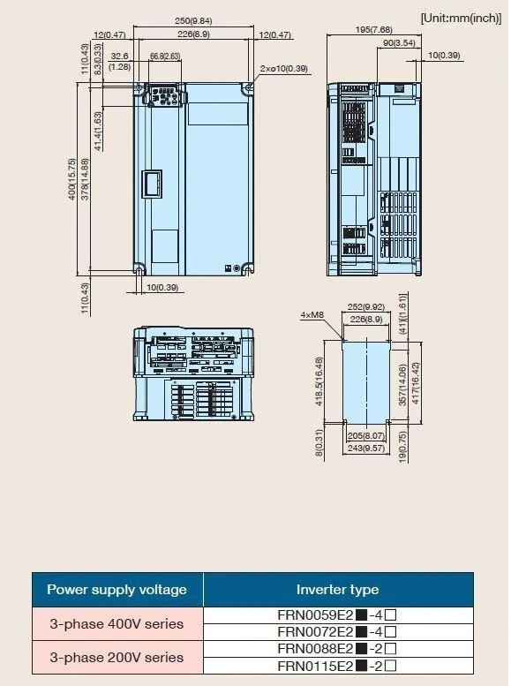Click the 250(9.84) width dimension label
(193, 20)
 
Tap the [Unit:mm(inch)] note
(461, 18)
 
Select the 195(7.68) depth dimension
(373, 29)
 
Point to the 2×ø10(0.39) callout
(283, 68)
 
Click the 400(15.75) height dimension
(72, 179)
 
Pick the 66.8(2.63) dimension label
(165, 56)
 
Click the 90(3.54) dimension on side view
(399, 42)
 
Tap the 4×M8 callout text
(312, 314)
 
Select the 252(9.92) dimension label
(365, 306)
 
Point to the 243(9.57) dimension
(365, 448)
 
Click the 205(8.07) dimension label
(365, 436)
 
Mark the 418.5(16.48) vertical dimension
(319, 381)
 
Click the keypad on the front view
(165, 95)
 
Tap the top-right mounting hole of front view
(249, 88)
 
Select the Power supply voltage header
(116, 589)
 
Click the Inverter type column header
(338, 589)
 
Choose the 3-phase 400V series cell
(116, 623)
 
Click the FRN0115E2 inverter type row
(338, 666)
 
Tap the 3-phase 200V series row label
(116, 657)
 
